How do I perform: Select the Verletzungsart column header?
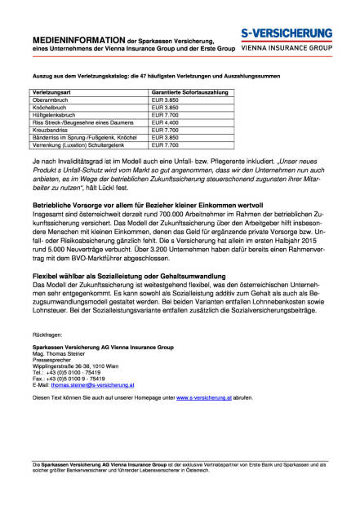click(60, 94)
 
